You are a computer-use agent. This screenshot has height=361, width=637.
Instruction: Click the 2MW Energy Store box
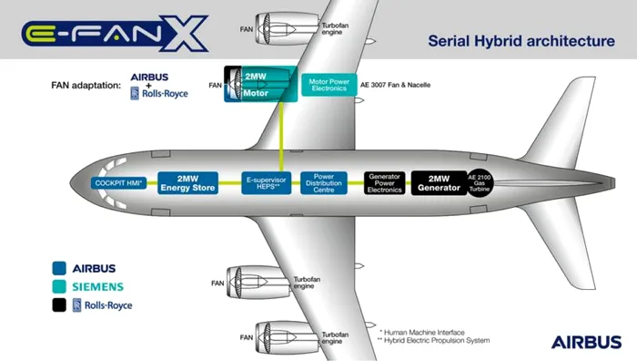pyautogui.click(x=187, y=182)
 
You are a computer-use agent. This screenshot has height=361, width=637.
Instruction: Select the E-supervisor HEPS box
pyautogui.click(x=267, y=182)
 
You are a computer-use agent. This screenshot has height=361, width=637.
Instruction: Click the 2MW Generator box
pyautogui.click(x=438, y=182)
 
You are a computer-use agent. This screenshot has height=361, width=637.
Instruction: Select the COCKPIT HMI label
pyautogui.click(x=119, y=183)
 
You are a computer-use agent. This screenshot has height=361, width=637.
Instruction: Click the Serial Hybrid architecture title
pyautogui.click(x=521, y=41)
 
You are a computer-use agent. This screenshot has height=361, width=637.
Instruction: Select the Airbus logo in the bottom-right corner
pyautogui.click(x=587, y=342)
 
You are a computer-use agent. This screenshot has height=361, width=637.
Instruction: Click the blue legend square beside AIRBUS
pyautogui.click(x=61, y=268)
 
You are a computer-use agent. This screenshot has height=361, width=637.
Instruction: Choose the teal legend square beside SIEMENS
pyautogui.click(x=61, y=286)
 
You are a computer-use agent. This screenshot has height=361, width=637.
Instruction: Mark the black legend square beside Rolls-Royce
pyautogui.click(x=61, y=305)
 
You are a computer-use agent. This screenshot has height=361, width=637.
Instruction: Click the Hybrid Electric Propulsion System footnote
pyautogui.click(x=433, y=341)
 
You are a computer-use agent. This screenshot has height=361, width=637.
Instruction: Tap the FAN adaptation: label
pyautogui.click(x=86, y=85)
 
